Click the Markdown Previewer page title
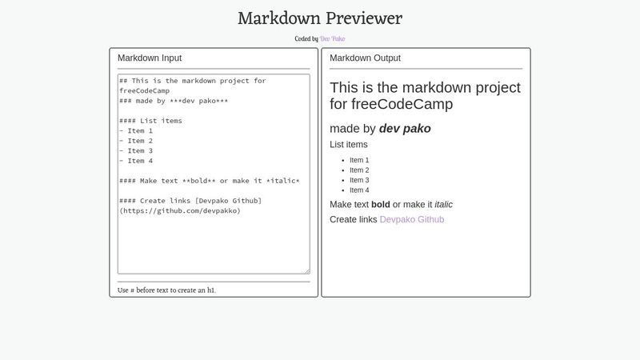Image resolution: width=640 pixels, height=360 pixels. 320,18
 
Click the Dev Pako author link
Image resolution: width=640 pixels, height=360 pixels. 333,38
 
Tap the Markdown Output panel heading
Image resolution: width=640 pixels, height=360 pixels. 365,58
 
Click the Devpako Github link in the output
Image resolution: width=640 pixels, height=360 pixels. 411,219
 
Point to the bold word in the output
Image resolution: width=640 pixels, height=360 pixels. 381,204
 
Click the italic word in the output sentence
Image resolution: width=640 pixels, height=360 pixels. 443,204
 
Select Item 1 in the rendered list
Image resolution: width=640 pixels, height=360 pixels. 359,160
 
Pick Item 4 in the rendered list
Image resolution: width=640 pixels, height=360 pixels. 359,190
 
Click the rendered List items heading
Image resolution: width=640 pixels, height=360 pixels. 349,145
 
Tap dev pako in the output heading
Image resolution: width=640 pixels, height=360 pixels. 405,128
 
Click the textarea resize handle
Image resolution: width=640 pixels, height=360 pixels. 306,271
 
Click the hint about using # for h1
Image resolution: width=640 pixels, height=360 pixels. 166,290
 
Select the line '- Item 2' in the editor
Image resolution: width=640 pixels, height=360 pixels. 136,141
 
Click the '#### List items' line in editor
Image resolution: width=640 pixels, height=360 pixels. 150,121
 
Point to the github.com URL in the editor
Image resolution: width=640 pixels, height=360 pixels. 180,211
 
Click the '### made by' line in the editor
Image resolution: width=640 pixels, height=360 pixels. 174,101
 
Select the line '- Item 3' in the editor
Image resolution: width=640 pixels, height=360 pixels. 136,150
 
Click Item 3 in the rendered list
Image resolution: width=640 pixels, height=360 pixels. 359,180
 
